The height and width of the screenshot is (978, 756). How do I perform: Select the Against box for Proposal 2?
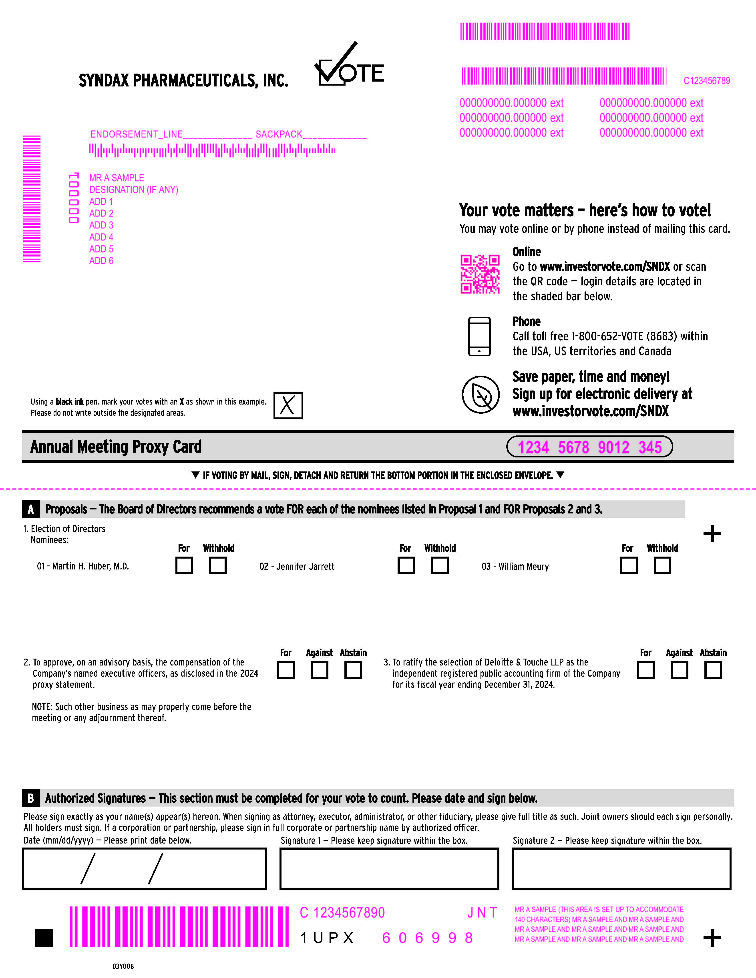[x=319, y=670]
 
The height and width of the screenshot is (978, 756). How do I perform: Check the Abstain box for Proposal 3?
[x=713, y=670]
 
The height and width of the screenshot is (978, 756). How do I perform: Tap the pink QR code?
[x=480, y=274]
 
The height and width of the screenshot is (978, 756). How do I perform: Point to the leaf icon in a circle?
[x=481, y=395]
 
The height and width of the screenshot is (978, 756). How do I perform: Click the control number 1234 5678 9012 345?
[x=589, y=447]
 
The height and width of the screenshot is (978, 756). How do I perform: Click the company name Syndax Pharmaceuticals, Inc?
[x=184, y=81]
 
